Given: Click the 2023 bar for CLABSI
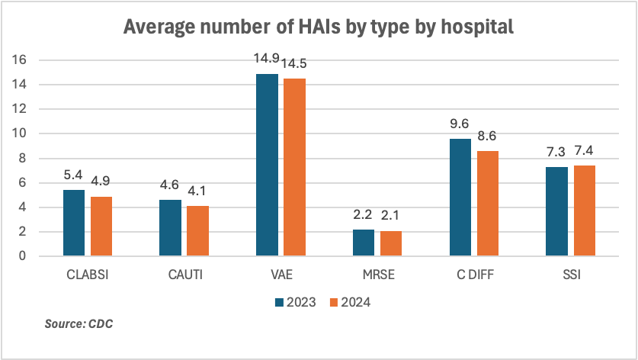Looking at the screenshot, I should click(73, 223).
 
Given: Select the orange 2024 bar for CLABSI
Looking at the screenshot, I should click(101, 226).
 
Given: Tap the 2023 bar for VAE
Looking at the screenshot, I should click(267, 165).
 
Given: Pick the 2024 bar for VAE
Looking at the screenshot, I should click(294, 167).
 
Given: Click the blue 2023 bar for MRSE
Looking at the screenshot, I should click(364, 243).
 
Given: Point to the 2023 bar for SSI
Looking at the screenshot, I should click(556, 211).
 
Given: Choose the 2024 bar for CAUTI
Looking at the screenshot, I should click(197, 230).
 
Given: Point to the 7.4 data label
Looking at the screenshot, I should click(584, 151).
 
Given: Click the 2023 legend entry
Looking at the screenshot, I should click(295, 302).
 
